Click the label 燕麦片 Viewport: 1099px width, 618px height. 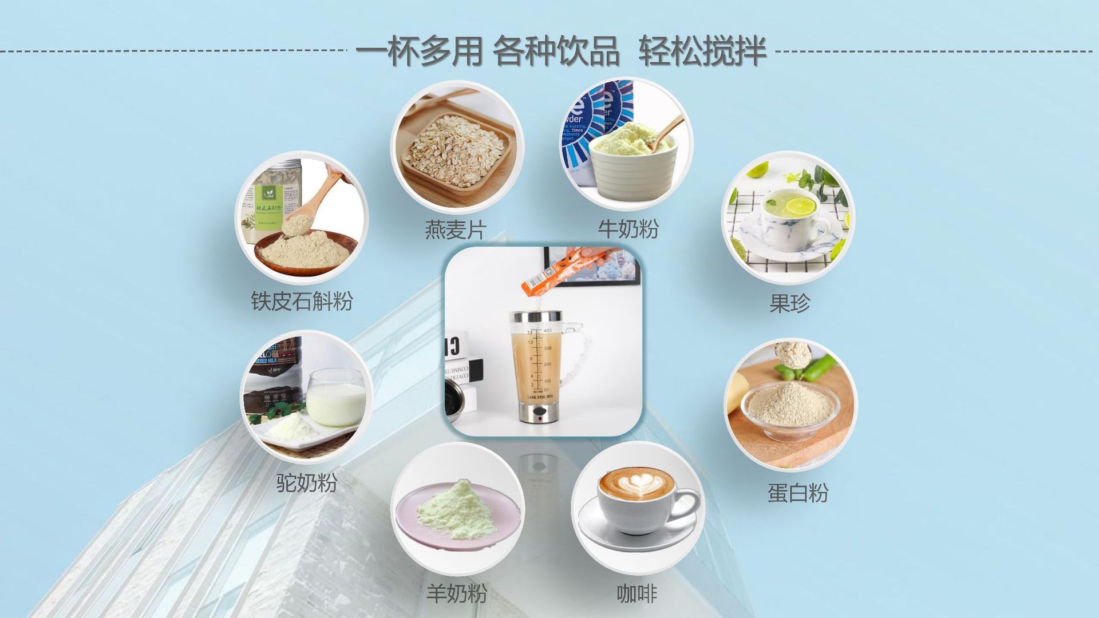coord(455,230)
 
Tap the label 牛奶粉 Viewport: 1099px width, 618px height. coord(628,229)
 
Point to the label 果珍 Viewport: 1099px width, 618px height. coord(789,303)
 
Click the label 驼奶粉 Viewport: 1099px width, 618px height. coord(306,482)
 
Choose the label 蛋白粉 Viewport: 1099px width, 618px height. coord(797,493)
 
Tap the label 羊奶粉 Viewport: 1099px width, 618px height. coord(456,593)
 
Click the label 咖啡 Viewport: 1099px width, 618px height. coord(636,593)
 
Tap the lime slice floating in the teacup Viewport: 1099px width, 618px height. coord(800,205)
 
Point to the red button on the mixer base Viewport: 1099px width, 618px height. coord(539,418)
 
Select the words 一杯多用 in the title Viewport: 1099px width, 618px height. coord(420,51)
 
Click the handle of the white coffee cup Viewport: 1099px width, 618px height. coord(687,506)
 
